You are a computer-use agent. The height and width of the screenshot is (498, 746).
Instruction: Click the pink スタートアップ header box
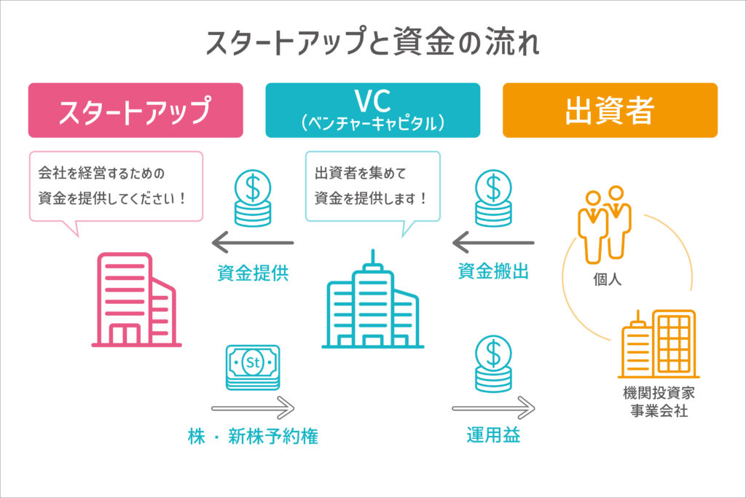tap(136, 110)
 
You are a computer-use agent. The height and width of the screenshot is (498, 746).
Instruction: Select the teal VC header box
tap(372, 110)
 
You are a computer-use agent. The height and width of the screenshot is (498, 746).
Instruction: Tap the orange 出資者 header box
tap(610, 110)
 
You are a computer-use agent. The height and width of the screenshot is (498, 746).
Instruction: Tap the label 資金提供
tap(253, 273)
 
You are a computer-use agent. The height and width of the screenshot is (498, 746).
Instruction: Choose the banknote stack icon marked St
tap(253, 367)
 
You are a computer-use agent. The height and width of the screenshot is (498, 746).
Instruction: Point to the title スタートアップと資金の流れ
tap(372, 44)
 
